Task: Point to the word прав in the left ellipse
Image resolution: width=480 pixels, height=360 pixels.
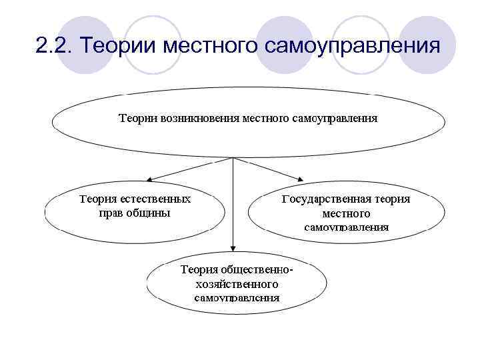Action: click(111, 213)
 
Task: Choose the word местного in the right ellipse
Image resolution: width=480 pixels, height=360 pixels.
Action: click(345, 213)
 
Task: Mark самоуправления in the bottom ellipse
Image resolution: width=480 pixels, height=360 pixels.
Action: click(237, 297)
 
